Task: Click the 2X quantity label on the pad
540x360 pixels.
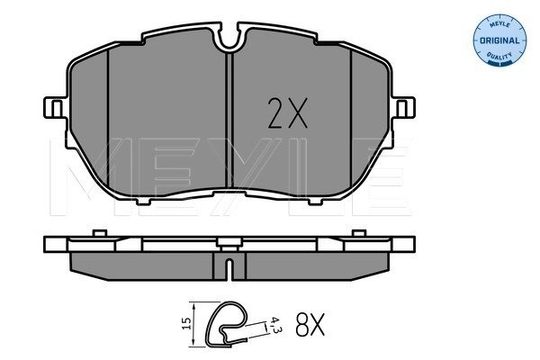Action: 288,113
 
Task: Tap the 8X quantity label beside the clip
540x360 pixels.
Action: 310,325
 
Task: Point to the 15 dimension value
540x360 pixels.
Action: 186,323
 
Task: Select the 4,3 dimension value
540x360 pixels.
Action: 274,325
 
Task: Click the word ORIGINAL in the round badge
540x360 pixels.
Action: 499,40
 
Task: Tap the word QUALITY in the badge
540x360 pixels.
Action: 499,55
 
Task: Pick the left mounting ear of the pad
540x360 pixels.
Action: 55,108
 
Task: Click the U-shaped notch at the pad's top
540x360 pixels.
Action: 229,40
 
